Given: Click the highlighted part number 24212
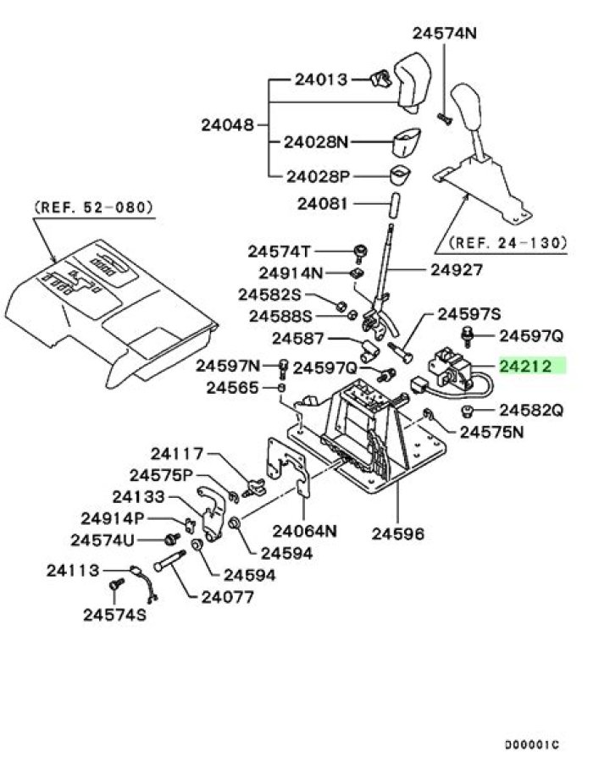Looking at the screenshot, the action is click(526, 366).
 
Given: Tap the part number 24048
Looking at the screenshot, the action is click(228, 125).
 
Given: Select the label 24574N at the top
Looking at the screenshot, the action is click(445, 33).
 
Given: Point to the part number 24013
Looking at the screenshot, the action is click(321, 80).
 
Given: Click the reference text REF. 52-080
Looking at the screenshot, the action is click(93, 207).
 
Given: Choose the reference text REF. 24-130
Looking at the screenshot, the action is click(507, 242).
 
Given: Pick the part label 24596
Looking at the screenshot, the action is click(398, 533).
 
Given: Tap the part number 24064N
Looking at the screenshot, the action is click(305, 530).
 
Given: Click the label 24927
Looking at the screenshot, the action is click(457, 269).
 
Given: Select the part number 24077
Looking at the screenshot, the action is click(228, 597).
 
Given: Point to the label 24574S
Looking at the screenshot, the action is click(114, 615).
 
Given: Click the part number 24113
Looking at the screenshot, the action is click(73, 570).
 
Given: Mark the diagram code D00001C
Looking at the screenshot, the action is click(531, 745).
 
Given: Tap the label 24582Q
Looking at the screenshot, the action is click(531, 410).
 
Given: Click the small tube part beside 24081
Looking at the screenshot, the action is click(395, 205).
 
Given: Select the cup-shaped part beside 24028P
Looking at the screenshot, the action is click(400, 175).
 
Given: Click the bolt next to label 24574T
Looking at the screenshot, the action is click(361, 251).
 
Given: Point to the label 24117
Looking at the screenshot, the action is click(177, 454).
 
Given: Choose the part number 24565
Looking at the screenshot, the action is click(232, 388).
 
